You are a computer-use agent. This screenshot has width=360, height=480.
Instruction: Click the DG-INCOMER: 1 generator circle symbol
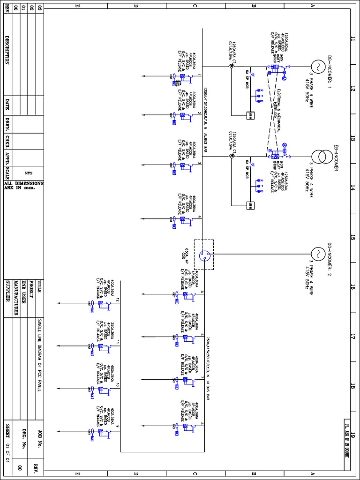click(x=316, y=67)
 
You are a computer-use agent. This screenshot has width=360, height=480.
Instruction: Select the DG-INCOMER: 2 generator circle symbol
click(x=316, y=255)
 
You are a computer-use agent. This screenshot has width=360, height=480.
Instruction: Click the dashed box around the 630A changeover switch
click(x=204, y=255)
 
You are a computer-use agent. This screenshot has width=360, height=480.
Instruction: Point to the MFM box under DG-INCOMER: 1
click(x=251, y=115)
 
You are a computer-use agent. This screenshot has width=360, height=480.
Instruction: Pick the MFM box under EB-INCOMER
click(x=251, y=205)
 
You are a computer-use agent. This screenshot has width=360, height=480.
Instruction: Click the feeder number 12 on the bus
click(x=118, y=300)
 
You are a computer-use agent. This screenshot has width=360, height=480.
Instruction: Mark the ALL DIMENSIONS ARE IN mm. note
click(x=23, y=186)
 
